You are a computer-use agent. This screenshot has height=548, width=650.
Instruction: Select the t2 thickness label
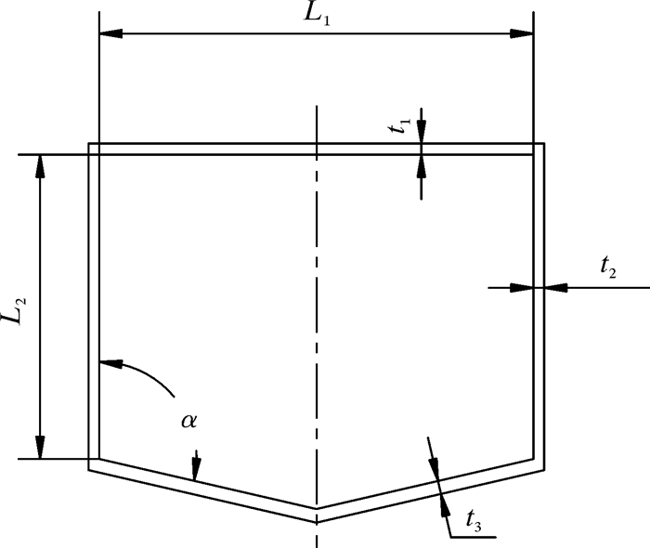608,268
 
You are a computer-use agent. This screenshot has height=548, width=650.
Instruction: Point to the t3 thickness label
473,526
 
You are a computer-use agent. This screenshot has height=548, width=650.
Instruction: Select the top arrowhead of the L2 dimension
39,165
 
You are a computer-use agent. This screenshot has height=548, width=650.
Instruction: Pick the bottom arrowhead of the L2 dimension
39,448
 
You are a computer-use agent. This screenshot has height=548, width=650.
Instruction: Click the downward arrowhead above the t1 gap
422,133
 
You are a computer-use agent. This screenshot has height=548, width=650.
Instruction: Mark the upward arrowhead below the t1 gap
422,165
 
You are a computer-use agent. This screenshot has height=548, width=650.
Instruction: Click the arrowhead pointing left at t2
555,288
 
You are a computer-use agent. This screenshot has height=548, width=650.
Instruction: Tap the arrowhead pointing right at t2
522,288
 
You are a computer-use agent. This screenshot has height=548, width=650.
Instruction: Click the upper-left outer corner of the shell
89,143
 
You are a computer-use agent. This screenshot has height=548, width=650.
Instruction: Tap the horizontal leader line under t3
474,537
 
